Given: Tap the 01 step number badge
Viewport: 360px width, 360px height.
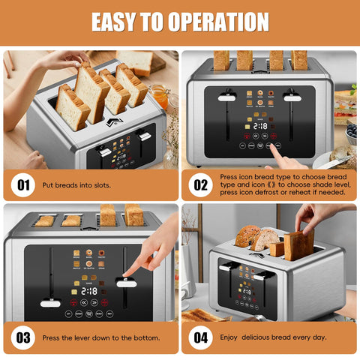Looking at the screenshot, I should point(22,184).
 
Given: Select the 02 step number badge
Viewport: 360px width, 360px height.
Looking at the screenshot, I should point(200,184).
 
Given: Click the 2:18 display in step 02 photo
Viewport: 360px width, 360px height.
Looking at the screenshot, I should point(260,127).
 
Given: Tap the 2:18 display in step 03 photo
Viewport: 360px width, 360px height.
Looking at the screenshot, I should point(88,290).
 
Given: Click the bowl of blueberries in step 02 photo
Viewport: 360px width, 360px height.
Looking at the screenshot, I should point(351,132).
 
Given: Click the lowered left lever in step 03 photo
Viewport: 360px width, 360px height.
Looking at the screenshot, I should point(50,303).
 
